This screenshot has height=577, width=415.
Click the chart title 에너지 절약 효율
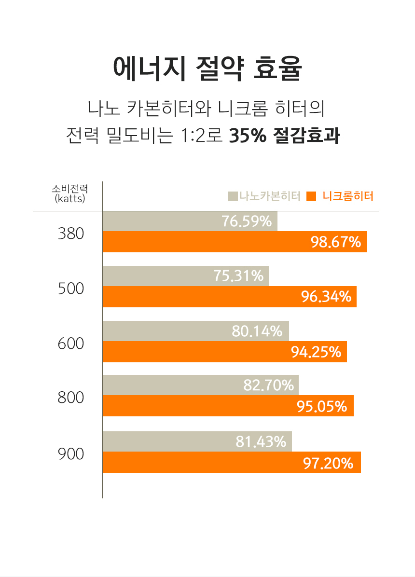[x=207, y=69]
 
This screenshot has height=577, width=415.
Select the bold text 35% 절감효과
[x=284, y=136]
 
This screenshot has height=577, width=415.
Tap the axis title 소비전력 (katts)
[x=70, y=193]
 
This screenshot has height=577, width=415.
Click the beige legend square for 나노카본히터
[x=233, y=196]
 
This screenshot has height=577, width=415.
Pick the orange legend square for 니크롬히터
[x=311, y=196]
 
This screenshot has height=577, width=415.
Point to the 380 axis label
[x=70, y=234]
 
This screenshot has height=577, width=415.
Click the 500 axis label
[x=70, y=289]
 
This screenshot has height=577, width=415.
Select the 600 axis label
[x=70, y=344]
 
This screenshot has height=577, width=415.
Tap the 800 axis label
[x=70, y=398]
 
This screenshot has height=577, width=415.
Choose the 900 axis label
[x=70, y=454]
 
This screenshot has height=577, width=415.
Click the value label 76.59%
[x=247, y=221]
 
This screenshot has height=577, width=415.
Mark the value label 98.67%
[x=336, y=242]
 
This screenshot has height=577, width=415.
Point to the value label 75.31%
[x=238, y=276]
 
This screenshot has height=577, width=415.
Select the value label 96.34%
[x=326, y=297]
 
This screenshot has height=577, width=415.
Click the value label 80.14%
[x=257, y=331]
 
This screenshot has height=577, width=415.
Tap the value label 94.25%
[x=316, y=352]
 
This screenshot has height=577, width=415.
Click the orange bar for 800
[x=193, y=406]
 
